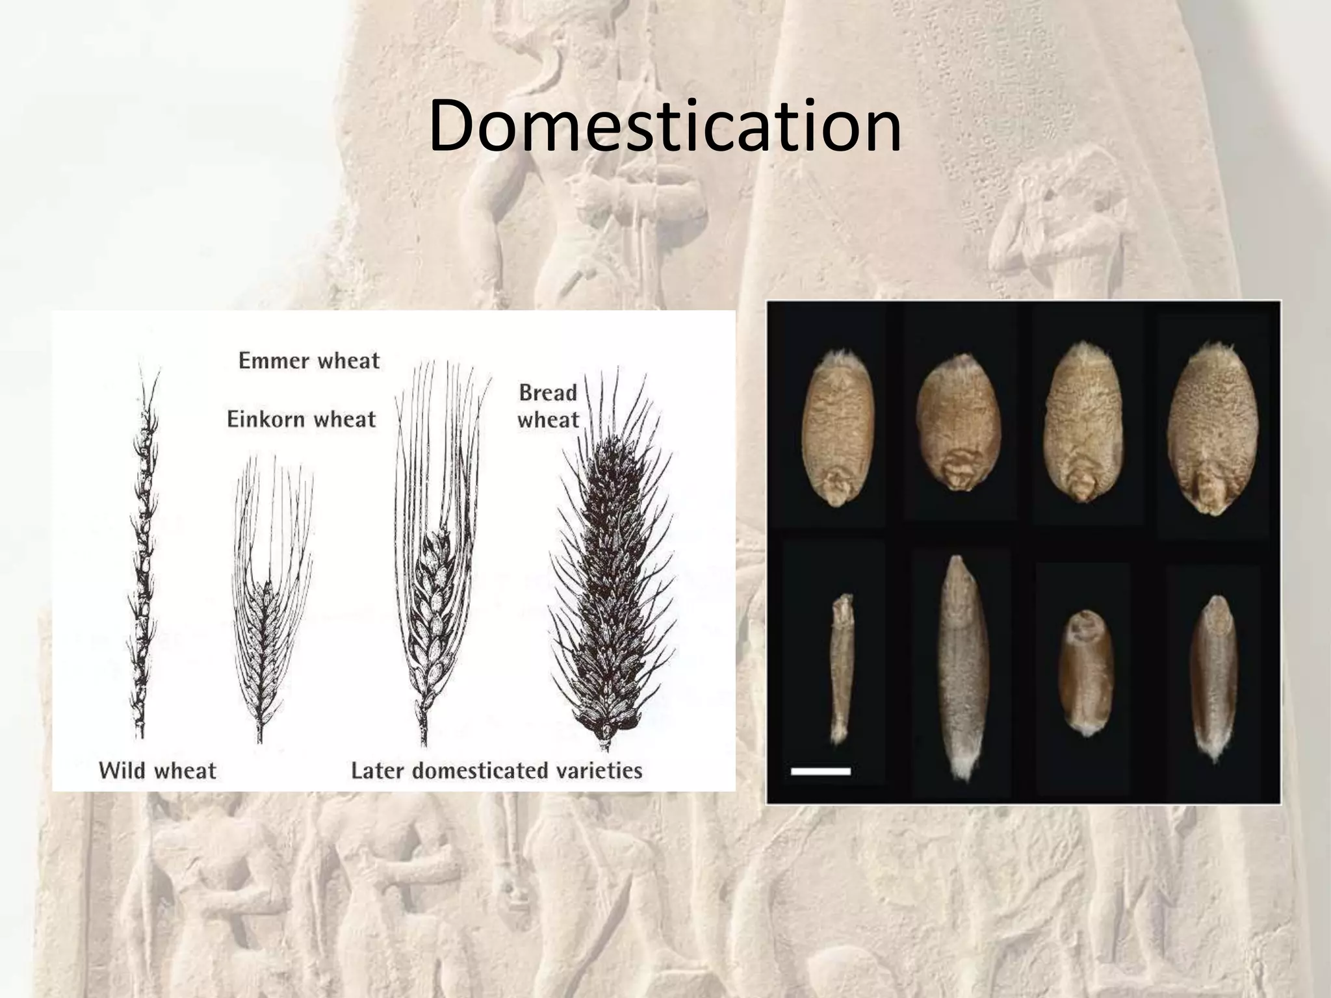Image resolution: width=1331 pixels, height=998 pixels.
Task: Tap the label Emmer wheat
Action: [x=309, y=361]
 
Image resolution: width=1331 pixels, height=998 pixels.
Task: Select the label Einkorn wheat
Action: [x=301, y=419]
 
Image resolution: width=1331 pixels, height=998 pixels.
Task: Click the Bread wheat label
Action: [x=548, y=406]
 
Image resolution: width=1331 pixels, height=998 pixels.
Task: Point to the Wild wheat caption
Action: [x=157, y=771]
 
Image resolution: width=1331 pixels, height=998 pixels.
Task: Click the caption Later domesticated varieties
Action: [x=497, y=771]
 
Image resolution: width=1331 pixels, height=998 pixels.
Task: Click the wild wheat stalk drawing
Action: [x=142, y=552]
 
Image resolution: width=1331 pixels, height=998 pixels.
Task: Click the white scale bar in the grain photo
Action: [x=820, y=771]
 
